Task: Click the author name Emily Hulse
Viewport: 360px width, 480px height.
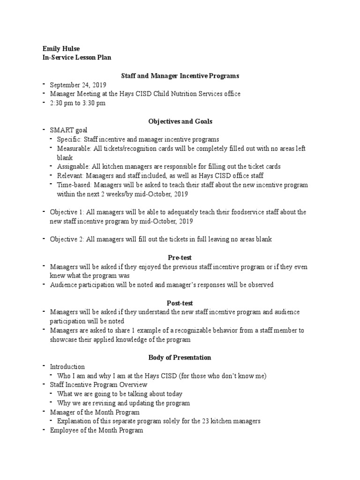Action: (61, 49)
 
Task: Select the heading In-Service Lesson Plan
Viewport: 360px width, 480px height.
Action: (77, 58)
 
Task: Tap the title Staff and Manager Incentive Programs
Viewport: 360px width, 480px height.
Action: (180, 75)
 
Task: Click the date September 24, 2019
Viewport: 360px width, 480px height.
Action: (78, 85)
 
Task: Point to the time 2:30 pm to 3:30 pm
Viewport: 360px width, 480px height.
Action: (78, 103)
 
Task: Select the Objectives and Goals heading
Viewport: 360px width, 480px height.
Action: (180, 121)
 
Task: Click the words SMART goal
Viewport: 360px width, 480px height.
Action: (68, 130)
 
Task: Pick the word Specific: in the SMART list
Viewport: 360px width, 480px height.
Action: (69, 139)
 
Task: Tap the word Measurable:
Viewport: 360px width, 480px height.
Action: (74, 149)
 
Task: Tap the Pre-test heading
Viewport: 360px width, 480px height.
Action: (180, 258)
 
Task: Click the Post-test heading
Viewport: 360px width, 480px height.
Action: (180, 303)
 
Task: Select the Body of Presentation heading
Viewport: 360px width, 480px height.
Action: (180, 358)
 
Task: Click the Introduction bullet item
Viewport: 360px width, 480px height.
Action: (67, 367)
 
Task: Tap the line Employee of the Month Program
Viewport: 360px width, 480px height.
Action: (97, 430)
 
